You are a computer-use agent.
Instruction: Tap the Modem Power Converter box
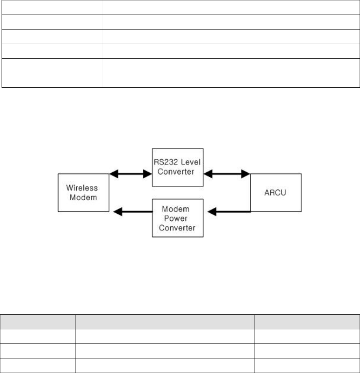[178, 218]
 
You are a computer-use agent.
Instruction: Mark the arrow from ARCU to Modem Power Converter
[229, 212]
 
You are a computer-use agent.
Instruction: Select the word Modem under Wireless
[83, 198]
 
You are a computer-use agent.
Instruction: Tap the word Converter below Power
[178, 227]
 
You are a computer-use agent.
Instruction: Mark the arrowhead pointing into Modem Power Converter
[211, 212]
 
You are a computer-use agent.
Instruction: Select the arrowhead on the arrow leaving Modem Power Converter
[117, 212]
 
